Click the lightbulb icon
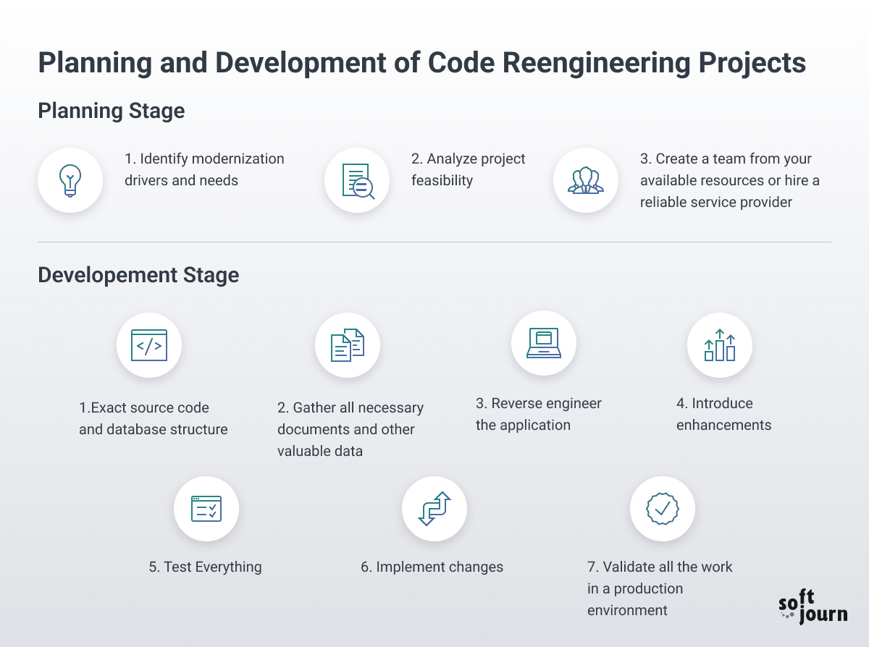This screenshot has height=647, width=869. click(70, 180)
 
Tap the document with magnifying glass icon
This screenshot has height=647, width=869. click(358, 181)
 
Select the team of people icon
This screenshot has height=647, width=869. click(586, 180)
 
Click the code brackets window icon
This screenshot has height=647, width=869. click(149, 345)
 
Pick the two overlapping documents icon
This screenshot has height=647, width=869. click(348, 345)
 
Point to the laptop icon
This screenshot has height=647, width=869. click(544, 343)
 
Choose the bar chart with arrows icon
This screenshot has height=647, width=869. click(720, 345)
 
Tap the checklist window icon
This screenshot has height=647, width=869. click(206, 509)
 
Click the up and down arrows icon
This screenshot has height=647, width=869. click(434, 508)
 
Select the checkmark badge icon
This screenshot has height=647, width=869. click(663, 508)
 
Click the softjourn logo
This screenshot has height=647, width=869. click(813, 606)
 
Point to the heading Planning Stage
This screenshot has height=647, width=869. click(112, 111)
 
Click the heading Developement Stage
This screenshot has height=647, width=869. click(138, 275)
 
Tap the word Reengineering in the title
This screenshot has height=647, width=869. click(596, 63)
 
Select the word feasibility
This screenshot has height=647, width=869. click(442, 180)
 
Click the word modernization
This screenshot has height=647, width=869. click(238, 158)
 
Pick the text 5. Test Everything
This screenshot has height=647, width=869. click(205, 567)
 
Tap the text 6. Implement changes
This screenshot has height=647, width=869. click(432, 567)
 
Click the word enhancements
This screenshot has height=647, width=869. click(723, 425)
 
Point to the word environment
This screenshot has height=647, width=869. click(627, 610)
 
